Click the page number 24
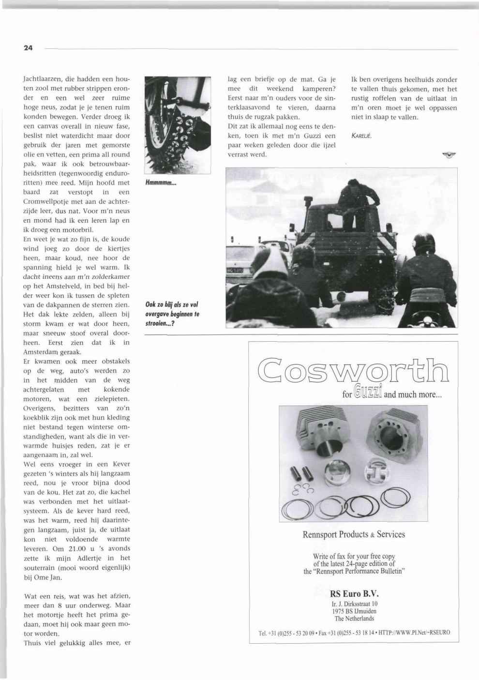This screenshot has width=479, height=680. pos(28,48)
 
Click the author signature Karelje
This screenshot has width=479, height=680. pos(361,136)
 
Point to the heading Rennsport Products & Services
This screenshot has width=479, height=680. pos(354,535)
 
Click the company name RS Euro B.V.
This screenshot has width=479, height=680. pos(354,594)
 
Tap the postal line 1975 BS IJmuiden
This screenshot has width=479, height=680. pos(354,611)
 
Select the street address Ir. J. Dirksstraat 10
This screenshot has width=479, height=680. pos(354,604)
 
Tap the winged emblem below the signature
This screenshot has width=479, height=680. pos(449,155)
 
